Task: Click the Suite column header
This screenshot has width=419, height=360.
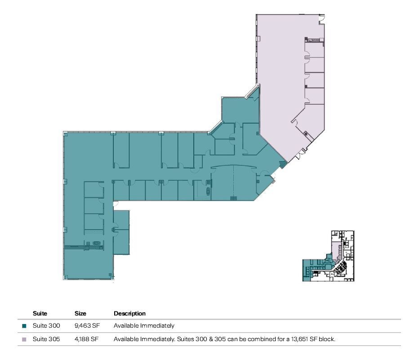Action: point(40,313)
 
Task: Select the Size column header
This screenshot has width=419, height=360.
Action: point(80,313)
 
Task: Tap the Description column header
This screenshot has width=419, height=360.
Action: point(129,313)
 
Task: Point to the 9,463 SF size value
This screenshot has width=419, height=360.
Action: point(87,325)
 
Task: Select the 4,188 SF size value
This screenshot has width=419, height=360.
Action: point(86,339)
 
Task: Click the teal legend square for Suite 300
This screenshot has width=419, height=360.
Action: point(24,326)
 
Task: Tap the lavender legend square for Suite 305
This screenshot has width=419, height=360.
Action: point(24,339)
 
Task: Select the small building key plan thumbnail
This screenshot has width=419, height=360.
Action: point(328,256)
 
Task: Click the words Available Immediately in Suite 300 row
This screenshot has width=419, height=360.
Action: point(144,325)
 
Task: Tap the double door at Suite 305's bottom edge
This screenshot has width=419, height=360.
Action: point(299,155)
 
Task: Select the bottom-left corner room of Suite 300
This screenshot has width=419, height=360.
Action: point(88,264)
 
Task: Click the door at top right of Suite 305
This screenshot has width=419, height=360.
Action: point(321,20)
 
